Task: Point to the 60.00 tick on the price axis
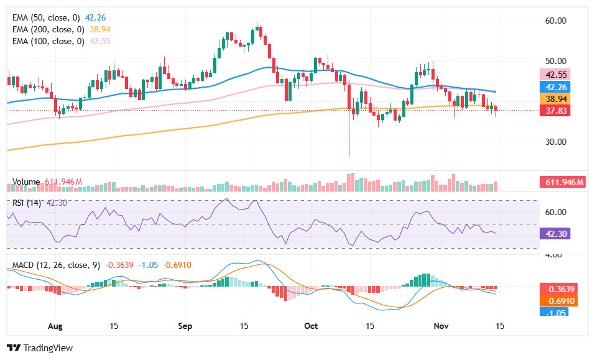click(555, 21)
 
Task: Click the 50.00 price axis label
click(555, 61)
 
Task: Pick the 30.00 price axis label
click(555, 142)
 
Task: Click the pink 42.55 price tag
click(555, 75)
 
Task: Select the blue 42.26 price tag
click(555, 87)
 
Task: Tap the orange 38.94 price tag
click(555, 99)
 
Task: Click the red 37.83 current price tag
click(555, 111)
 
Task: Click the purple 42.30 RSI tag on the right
click(555, 234)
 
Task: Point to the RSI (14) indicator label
click(27, 202)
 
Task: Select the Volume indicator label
click(27, 182)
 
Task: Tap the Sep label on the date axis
click(186, 326)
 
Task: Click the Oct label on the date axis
click(311, 326)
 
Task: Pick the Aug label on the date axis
click(55, 326)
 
